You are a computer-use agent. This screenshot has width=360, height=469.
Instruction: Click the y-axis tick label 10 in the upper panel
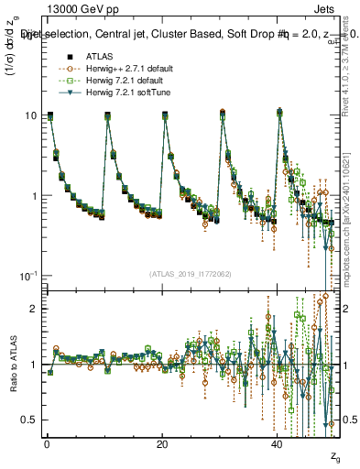click(30, 115)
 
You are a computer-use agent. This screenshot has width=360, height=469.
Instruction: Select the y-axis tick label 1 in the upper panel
click(33, 196)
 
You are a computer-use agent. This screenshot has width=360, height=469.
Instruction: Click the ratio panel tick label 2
click(33, 309)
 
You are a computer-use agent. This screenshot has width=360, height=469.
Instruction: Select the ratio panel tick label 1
click(33, 365)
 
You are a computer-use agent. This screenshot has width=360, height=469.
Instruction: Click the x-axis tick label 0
click(47, 443)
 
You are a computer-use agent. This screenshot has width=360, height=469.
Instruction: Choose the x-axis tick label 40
click(278, 443)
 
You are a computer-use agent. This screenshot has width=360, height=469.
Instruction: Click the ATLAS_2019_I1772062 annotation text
click(191, 273)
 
